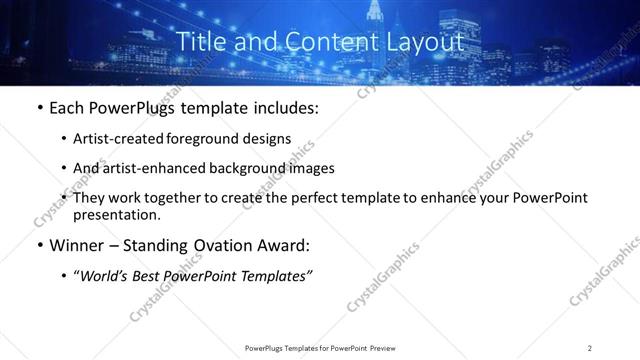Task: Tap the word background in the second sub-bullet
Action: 265,168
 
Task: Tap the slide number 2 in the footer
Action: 590,348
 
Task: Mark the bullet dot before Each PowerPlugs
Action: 39,108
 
